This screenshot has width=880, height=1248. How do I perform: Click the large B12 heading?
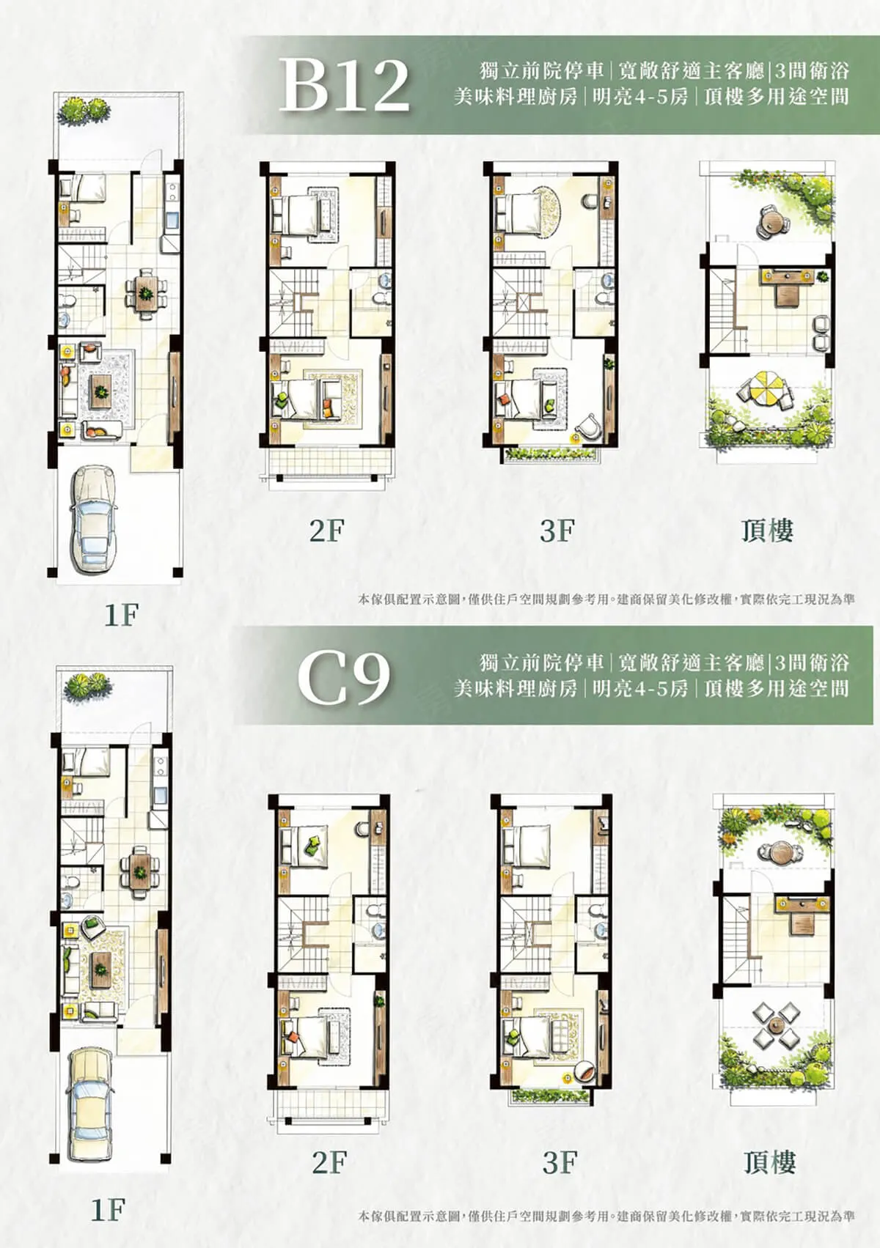[344, 85]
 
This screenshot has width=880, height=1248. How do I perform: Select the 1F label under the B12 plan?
[121, 615]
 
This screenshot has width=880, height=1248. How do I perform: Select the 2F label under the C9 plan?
[329, 1191]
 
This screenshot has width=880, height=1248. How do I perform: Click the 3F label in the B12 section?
[557, 531]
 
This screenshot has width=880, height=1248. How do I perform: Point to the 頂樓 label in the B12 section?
[767, 531]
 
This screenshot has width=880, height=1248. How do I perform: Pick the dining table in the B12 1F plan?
[145, 292]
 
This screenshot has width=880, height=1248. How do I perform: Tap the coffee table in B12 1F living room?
[101, 391]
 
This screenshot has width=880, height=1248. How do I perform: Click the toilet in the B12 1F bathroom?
[67, 301]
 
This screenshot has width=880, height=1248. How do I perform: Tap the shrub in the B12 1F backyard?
[84, 109]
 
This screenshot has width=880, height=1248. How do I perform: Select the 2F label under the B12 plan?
[327, 531]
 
